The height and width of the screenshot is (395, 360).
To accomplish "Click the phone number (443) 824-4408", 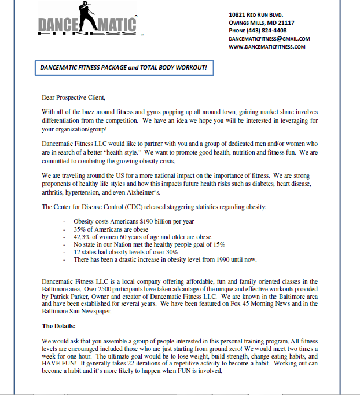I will click(x=266, y=31).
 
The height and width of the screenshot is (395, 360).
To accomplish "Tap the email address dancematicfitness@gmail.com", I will click(x=269, y=39).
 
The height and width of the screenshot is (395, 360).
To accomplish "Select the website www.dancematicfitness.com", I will click(x=267, y=47).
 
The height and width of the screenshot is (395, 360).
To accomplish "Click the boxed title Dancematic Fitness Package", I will click(x=123, y=68).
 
